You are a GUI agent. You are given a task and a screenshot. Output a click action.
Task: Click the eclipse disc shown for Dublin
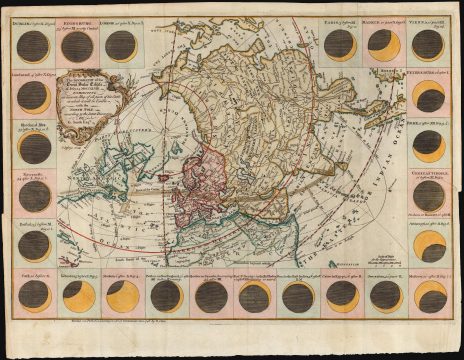(34, 45)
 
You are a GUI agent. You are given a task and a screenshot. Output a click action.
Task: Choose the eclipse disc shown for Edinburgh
(77, 46)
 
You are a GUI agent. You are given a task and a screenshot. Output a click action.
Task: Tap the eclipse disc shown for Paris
(340, 44)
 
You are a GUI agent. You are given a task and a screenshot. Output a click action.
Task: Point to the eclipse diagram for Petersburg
(429, 97)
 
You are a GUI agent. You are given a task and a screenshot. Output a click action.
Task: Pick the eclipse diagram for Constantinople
(429, 195)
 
